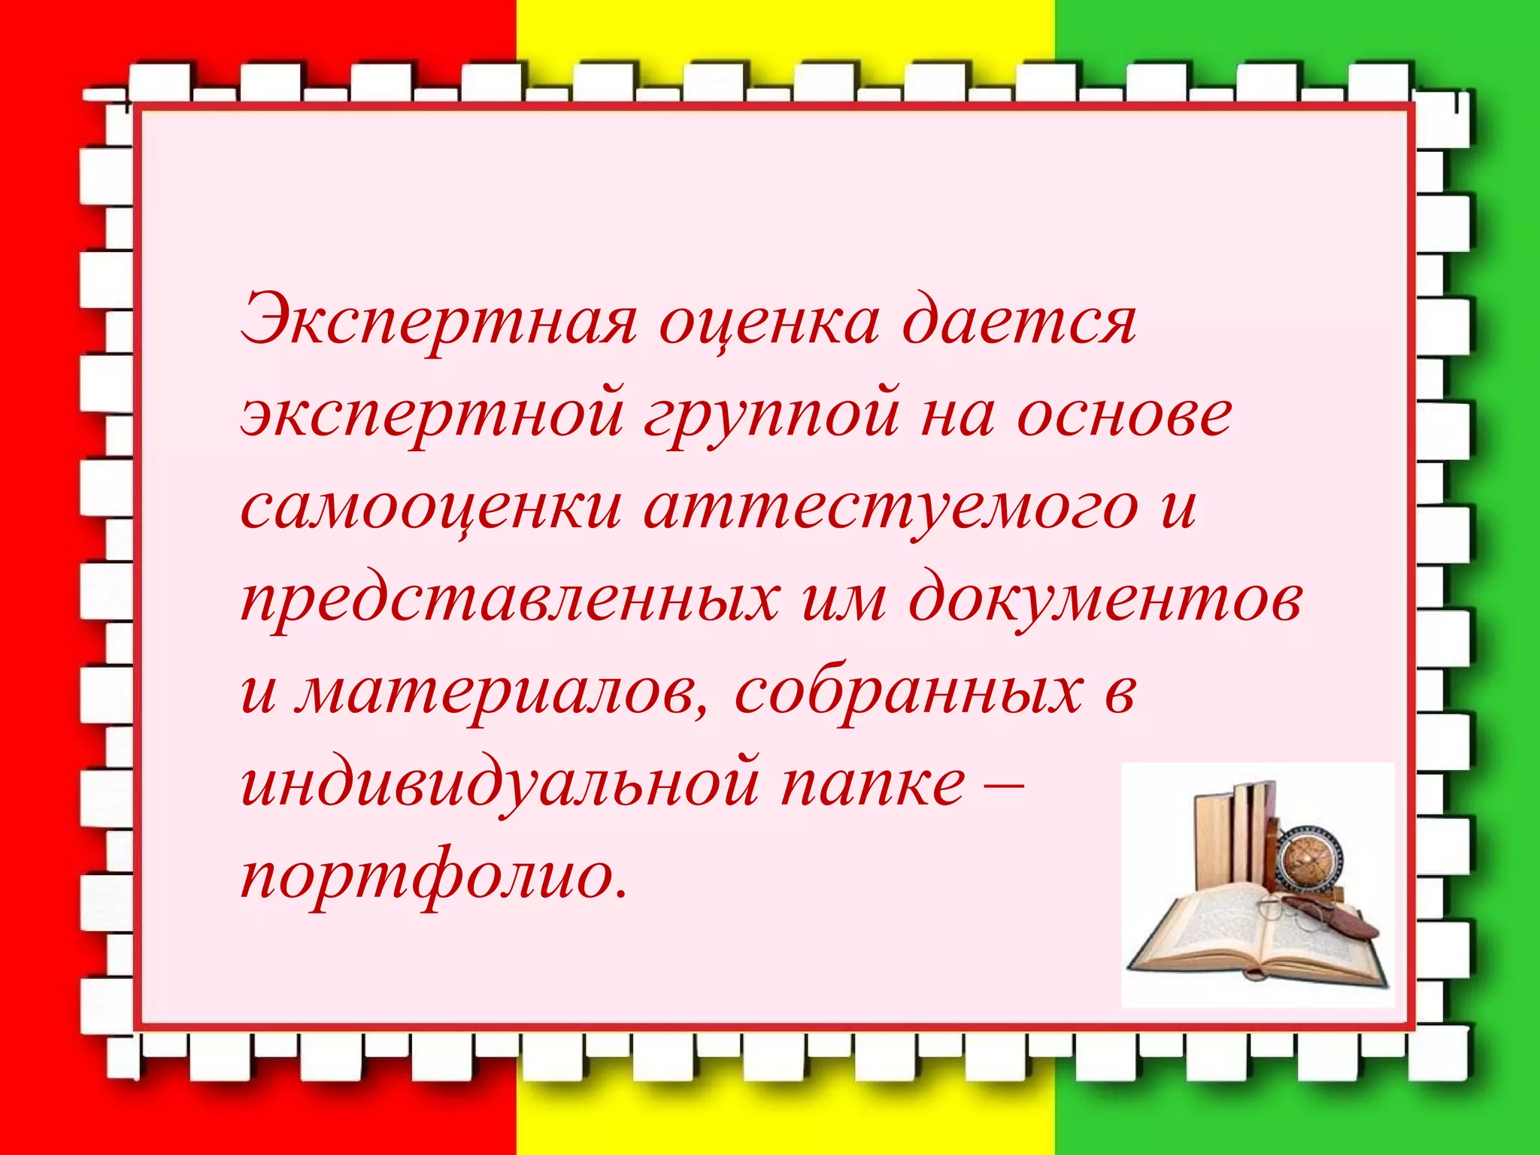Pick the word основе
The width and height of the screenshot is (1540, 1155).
tap(1124, 414)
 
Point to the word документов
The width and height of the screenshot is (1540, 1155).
tap(1105, 600)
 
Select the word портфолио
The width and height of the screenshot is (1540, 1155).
tap(432, 878)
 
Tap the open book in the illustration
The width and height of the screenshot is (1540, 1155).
tap(1248, 940)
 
